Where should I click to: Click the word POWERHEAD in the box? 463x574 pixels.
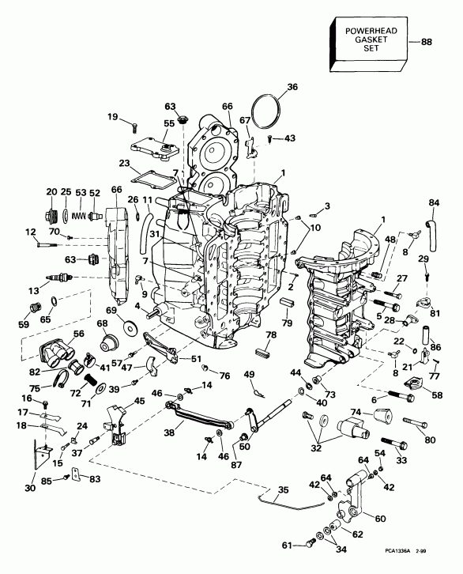(x=371, y=31)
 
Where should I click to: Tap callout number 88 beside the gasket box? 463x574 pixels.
(x=426, y=42)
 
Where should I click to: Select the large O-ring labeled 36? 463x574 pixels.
(x=266, y=111)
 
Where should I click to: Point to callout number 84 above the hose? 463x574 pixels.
(x=434, y=203)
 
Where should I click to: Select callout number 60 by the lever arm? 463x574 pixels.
(x=380, y=519)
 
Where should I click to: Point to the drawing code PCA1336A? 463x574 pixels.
(x=397, y=561)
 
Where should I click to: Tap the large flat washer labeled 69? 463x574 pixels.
(x=130, y=326)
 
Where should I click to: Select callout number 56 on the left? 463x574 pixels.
(x=79, y=334)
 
